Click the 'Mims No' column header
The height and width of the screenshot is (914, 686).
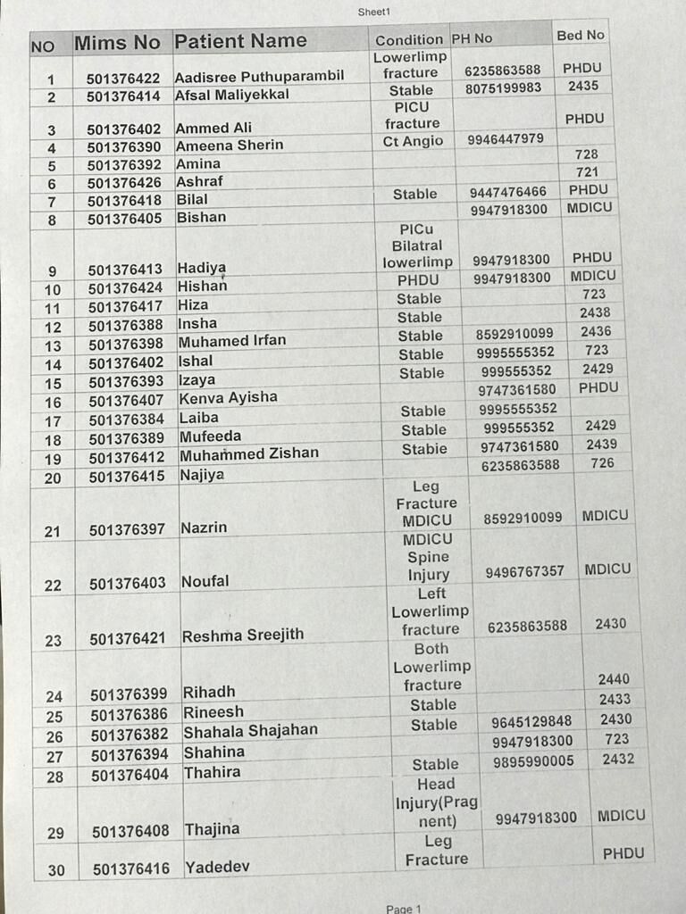click(x=117, y=42)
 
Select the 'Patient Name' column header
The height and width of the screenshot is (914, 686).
click(x=240, y=41)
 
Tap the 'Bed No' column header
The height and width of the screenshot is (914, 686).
click(x=581, y=35)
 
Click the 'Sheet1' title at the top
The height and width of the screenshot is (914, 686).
click(x=373, y=12)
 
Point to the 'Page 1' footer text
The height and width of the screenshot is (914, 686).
click(x=403, y=908)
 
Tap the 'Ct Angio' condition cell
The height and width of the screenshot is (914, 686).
click(x=413, y=141)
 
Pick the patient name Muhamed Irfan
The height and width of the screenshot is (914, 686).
click(x=232, y=342)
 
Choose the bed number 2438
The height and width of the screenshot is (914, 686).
click(x=595, y=312)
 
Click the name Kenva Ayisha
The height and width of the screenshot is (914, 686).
click(x=228, y=397)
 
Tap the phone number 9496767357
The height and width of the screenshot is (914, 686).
click(x=525, y=571)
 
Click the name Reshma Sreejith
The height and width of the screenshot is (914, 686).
click(x=243, y=636)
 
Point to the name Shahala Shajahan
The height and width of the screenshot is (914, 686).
click(x=250, y=730)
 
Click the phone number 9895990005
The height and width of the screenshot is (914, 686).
click(x=533, y=761)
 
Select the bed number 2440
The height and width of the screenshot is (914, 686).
click(x=614, y=679)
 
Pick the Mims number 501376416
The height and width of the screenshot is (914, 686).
click(x=130, y=868)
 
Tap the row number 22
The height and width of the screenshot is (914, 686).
click(x=53, y=585)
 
